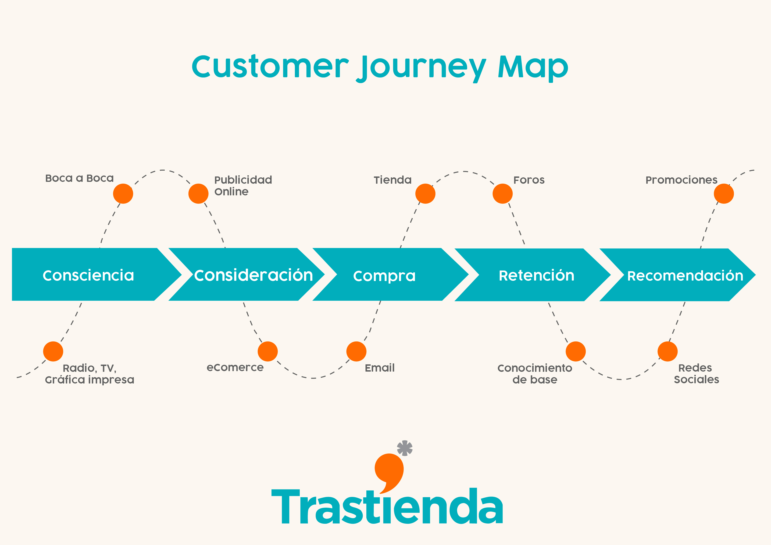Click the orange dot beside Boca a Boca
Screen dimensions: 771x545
(123, 194)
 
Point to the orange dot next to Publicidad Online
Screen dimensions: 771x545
(198, 194)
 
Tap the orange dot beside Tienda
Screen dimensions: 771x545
(425, 194)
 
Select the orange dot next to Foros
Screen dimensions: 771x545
(503, 194)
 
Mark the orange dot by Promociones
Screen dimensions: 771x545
(724, 194)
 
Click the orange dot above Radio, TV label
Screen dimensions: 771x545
(53, 351)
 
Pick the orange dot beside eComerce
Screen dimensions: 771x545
(268, 351)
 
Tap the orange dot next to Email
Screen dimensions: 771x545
(357, 351)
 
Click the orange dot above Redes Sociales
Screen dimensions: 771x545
(667, 351)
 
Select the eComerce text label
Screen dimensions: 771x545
(235, 367)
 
